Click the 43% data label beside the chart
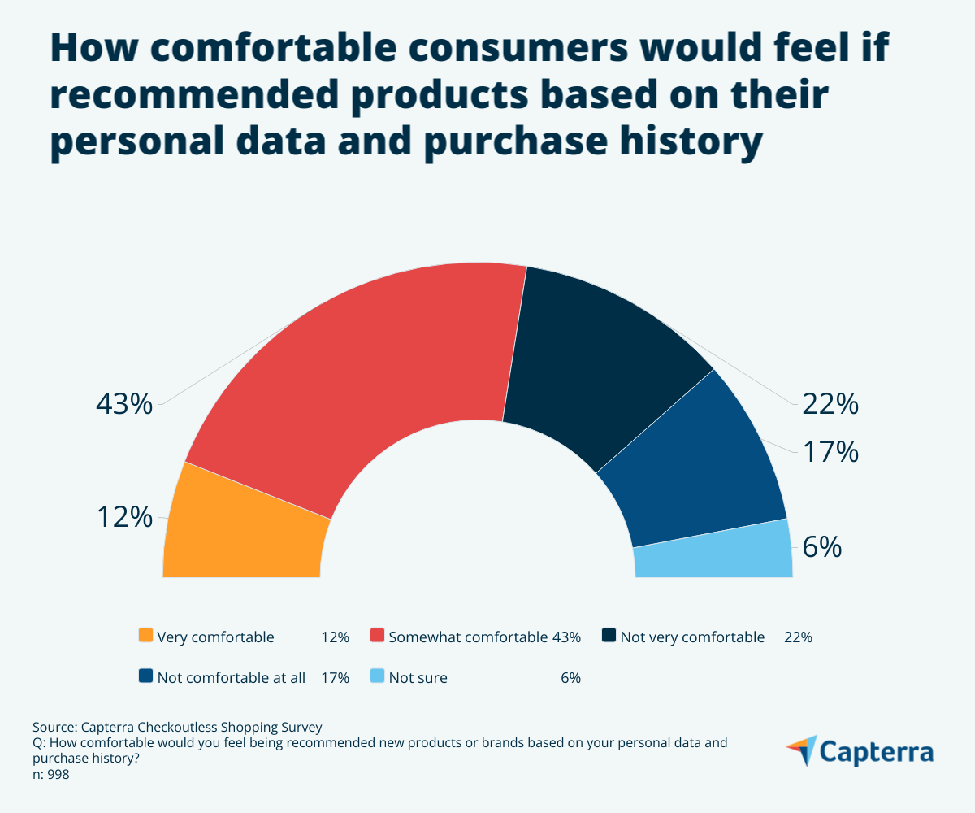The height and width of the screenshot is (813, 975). coord(123,404)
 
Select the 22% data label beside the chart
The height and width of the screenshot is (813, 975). coord(830,404)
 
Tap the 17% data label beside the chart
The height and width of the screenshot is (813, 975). coord(830,451)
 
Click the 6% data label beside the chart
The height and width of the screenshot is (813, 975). coord(821,547)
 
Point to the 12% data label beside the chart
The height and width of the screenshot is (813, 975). coord(123,517)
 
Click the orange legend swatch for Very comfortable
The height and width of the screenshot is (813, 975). coord(146,636)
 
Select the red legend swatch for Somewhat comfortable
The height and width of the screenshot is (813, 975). coord(377,636)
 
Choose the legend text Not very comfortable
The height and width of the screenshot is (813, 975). coord(692,637)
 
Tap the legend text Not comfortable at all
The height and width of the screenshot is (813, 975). coord(231,678)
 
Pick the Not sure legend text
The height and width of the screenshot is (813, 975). coord(418,678)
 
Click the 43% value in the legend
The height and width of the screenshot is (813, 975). coord(566,637)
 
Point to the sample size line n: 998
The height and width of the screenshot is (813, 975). coord(50,775)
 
